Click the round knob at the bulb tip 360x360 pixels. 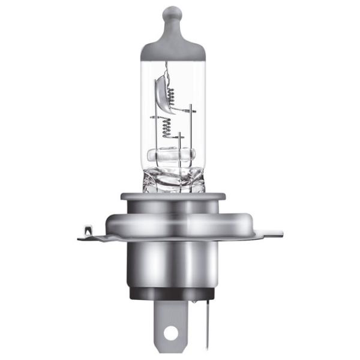pyautogui.click(x=173, y=13)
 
